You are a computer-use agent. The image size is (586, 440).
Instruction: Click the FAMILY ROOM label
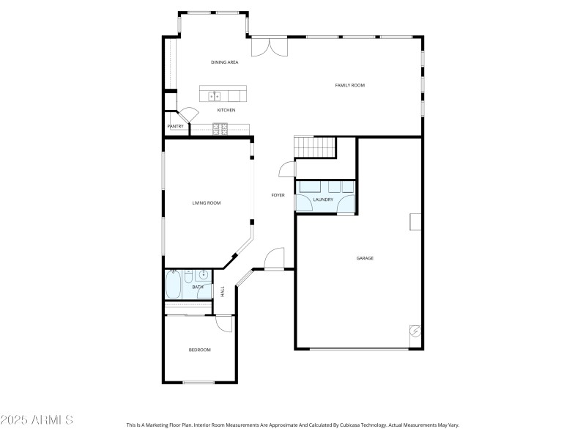(349, 86)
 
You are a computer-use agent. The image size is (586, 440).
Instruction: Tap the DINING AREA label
(225, 62)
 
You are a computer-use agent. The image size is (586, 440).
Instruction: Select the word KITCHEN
(226, 110)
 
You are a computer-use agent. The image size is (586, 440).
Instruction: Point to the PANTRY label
(175, 126)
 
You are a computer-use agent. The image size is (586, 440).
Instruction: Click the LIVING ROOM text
(207, 203)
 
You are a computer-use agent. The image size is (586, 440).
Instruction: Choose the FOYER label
(278, 195)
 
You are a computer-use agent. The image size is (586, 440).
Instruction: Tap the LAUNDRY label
(323, 199)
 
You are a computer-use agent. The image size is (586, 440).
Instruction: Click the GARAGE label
(365, 258)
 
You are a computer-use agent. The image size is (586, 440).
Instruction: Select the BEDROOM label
(199, 350)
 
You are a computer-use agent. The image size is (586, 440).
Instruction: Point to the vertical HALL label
(223, 291)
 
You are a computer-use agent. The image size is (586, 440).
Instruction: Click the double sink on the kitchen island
(215, 95)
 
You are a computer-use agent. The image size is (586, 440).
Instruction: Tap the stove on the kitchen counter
(220, 130)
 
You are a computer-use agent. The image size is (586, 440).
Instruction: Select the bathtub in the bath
(173, 284)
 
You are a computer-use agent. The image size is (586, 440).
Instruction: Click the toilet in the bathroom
(188, 276)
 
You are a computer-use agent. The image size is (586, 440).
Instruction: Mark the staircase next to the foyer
(314, 147)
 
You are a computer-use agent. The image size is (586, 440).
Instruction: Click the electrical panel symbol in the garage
(415, 331)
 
